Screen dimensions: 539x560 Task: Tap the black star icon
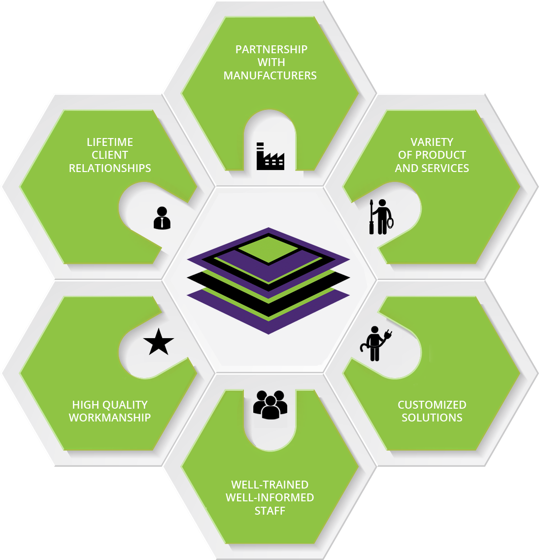pos(159,342)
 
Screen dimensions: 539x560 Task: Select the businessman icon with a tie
pos(162,218)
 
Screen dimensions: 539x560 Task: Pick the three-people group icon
pos(270,405)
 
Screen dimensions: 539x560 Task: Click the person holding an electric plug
pos(375,344)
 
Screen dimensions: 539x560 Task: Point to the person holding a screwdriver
pos(381,217)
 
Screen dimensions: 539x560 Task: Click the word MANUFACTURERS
pos(270,75)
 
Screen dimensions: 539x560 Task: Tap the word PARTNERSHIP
pos(271,49)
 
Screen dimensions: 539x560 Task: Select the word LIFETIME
pos(110,142)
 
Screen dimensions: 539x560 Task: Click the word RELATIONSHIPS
pos(110,168)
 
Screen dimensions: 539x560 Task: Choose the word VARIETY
pos(432,142)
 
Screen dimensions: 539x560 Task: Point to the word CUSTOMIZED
pos(432,405)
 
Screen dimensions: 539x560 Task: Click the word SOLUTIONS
pos(432,418)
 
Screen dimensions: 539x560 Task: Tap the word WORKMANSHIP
pos(110,418)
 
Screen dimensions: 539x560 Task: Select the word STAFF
pos(270,511)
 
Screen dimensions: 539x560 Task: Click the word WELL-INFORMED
pos(270,497)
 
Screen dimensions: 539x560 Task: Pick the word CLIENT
pos(110,155)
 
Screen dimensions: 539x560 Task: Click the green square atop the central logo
pos(269,249)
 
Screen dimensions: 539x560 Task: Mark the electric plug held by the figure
pos(388,335)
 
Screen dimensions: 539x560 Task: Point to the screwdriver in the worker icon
pos(371,217)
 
